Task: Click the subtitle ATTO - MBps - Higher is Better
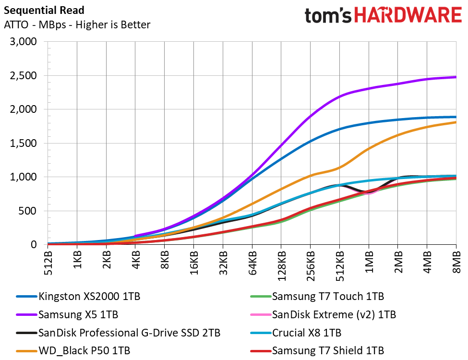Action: click(77, 24)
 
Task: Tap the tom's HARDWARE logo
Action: click(383, 15)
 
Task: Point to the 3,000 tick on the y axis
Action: click(24, 42)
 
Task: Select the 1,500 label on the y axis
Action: click(24, 143)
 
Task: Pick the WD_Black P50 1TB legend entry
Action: click(84, 350)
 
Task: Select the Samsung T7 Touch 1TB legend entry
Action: click(328, 297)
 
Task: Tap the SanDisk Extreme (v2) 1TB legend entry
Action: click(334, 315)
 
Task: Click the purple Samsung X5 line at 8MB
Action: click(455, 77)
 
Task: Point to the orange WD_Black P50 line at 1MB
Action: click(369, 148)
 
